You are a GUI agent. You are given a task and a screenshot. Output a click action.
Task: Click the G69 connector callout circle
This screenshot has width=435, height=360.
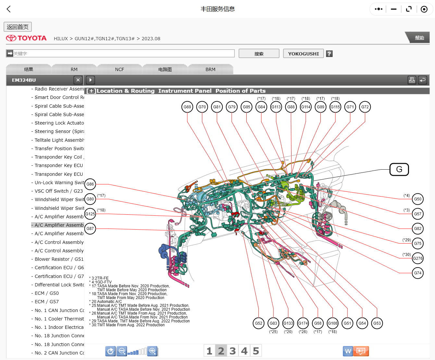[x=187, y=107]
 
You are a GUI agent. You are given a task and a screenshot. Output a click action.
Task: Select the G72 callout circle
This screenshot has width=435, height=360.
[x=365, y=107]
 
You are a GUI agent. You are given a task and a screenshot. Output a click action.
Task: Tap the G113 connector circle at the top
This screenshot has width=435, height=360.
[x=276, y=107]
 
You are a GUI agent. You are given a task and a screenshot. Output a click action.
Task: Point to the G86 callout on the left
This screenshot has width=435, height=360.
[x=90, y=184]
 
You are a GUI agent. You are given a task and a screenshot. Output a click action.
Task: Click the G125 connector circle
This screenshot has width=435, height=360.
[x=90, y=214]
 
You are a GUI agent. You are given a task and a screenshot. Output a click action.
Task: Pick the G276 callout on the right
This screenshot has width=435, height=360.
[x=417, y=258]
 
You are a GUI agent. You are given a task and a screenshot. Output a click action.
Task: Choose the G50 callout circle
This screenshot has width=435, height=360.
[x=417, y=199]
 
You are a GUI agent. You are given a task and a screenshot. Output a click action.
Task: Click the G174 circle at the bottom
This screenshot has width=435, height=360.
[x=303, y=323]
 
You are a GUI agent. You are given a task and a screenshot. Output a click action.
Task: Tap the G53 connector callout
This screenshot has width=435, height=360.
[x=377, y=323]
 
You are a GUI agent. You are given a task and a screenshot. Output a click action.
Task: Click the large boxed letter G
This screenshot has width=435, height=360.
[x=399, y=169]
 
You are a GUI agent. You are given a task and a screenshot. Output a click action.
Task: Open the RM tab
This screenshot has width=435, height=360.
[x=74, y=69]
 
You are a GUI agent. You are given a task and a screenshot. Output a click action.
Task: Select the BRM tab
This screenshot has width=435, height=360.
[x=210, y=69]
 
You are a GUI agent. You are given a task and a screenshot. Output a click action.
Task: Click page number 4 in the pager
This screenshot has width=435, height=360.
[x=244, y=351]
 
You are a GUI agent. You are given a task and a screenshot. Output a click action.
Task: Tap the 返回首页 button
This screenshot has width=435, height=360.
[x=18, y=27]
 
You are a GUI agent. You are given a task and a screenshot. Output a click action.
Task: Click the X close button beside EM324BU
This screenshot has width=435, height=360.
[x=78, y=80]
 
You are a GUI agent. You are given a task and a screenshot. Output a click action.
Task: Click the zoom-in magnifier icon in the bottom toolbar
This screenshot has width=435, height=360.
[x=152, y=351]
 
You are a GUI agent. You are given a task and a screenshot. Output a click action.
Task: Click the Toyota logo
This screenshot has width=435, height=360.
[x=26, y=38]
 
